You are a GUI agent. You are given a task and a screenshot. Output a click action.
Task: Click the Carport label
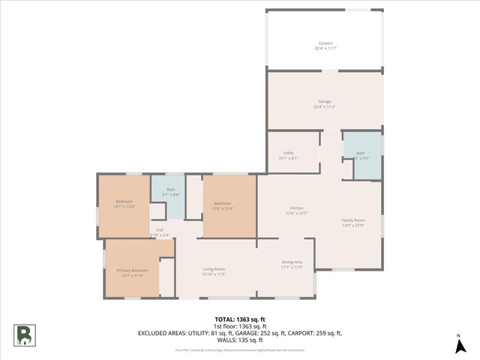(x=325, y=43)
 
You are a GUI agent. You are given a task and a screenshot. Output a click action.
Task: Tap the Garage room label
(x=325, y=101)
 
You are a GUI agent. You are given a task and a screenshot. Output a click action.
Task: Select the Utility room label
(x=288, y=152)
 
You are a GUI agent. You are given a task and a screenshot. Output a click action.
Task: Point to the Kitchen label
(x=297, y=208)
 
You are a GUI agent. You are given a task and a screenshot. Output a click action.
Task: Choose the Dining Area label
(x=292, y=262)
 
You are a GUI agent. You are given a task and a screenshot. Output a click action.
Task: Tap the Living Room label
(x=214, y=268)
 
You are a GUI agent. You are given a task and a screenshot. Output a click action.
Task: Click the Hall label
(x=160, y=229)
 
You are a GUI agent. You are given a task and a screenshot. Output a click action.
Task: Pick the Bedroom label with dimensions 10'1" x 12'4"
(x=124, y=202)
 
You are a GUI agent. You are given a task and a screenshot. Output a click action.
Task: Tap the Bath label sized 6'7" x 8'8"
(x=171, y=190)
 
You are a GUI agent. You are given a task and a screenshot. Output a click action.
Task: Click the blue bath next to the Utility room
(x=361, y=155)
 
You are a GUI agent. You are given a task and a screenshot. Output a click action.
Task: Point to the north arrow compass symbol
(x=457, y=345)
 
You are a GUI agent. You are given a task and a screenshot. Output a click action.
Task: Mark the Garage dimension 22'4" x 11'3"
(x=325, y=107)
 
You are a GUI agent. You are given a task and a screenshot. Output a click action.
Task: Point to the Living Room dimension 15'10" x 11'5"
(x=214, y=274)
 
